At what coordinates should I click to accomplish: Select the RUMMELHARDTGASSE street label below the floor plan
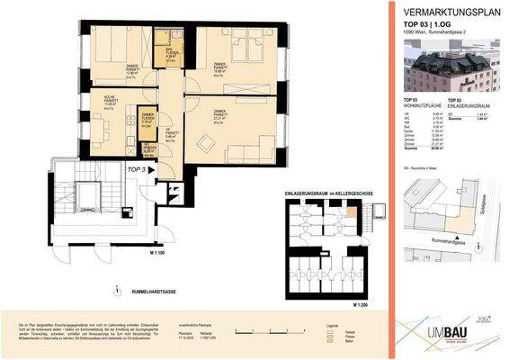pyautogui.click(x=163, y=290)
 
